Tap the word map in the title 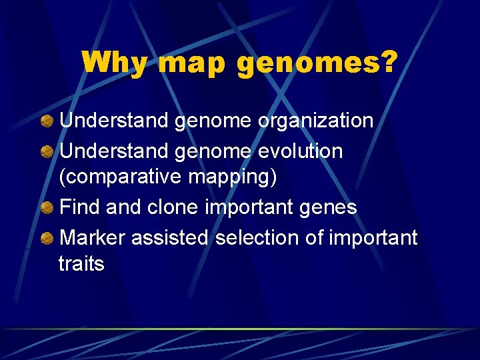(193, 63)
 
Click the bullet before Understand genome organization (47, 121)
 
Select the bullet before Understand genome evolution (47, 151)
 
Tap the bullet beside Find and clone (47, 207)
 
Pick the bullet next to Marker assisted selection (47, 238)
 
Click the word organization (316, 121)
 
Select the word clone (173, 207)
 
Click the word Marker (93, 237)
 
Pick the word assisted (171, 237)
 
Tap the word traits (81, 264)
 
